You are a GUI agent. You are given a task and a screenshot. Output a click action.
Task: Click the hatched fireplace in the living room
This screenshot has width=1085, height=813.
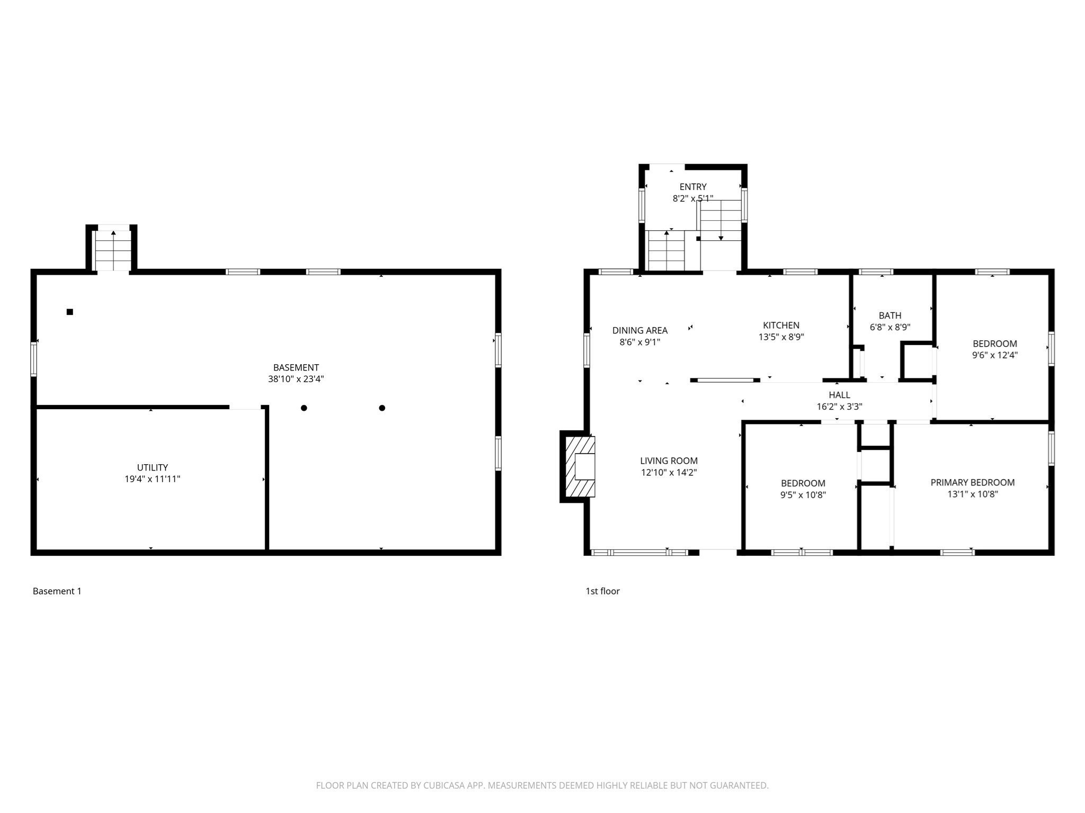point(579,466)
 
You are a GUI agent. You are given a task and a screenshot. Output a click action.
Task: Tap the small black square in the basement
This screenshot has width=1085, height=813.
point(69,312)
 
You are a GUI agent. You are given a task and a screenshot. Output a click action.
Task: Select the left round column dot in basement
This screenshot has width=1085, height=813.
point(304,408)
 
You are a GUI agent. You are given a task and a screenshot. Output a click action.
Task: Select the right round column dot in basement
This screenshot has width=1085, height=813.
point(382,408)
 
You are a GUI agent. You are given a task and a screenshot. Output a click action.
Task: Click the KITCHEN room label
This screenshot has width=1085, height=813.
point(781,325)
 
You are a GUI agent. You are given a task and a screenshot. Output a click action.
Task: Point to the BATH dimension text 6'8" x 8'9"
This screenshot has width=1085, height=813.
point(890,327)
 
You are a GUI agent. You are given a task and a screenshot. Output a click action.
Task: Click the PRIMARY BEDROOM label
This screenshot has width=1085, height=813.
point(972,482)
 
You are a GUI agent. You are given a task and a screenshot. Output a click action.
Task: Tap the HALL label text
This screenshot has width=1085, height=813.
point(839,395)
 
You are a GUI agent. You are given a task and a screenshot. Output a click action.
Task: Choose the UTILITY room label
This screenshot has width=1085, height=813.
point(152,467)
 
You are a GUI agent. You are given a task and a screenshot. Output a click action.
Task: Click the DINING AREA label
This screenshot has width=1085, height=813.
point(639,330)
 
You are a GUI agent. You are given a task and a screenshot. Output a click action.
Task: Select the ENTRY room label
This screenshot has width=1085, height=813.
point(692,187)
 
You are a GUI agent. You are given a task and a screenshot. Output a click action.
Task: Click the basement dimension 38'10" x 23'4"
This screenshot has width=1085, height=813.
point(296,379)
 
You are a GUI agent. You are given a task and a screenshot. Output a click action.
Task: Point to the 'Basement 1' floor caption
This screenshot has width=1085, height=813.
point(57,591)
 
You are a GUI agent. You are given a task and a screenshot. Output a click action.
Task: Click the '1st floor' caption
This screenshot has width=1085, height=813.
point(602,591)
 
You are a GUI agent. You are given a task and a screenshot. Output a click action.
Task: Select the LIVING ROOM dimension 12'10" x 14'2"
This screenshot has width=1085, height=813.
point(669,473)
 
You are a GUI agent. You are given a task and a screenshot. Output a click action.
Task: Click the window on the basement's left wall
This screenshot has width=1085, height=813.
point(34,359)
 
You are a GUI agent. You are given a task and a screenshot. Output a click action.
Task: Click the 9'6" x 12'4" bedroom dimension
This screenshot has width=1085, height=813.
point(994,355)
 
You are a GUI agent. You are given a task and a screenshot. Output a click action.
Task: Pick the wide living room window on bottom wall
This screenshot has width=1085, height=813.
point(639,552)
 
